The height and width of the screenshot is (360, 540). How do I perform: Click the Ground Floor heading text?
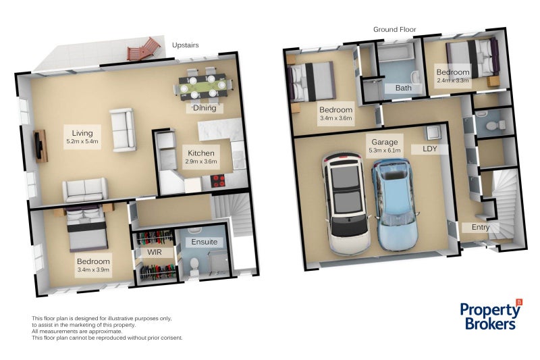(394, 30)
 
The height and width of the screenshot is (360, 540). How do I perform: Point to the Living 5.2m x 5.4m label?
(82, 137)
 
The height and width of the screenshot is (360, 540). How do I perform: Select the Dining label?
(204, 107)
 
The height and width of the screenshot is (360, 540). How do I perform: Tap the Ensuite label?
(204, 241)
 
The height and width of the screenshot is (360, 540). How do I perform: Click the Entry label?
(481, 228)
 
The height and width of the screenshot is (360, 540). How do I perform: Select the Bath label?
(404, 88)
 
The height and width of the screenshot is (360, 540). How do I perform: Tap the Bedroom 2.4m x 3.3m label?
(452, 76)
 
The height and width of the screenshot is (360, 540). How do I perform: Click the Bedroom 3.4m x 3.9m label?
(94, 265)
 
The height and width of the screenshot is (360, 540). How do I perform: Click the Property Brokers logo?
(491, 314)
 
